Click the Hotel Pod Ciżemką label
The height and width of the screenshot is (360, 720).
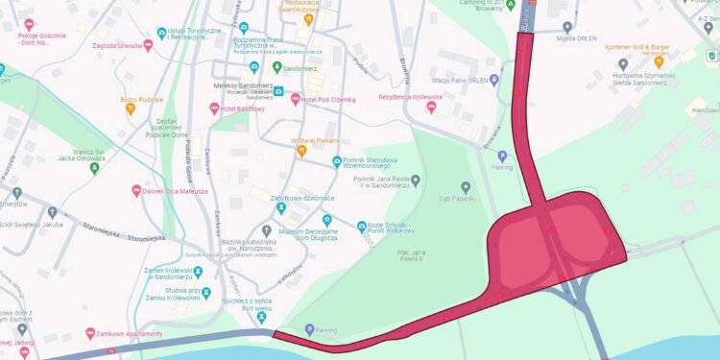point(329,99)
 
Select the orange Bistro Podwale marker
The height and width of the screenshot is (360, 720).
point(131,108)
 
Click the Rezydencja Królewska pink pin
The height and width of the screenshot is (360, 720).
point(431,108)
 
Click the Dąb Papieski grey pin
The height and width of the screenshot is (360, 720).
point(467,186)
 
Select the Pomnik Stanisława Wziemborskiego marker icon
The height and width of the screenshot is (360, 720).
point(336,161)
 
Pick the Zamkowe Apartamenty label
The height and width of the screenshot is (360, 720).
point(131,333)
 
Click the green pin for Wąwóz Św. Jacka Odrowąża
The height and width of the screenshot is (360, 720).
point(94,168)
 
